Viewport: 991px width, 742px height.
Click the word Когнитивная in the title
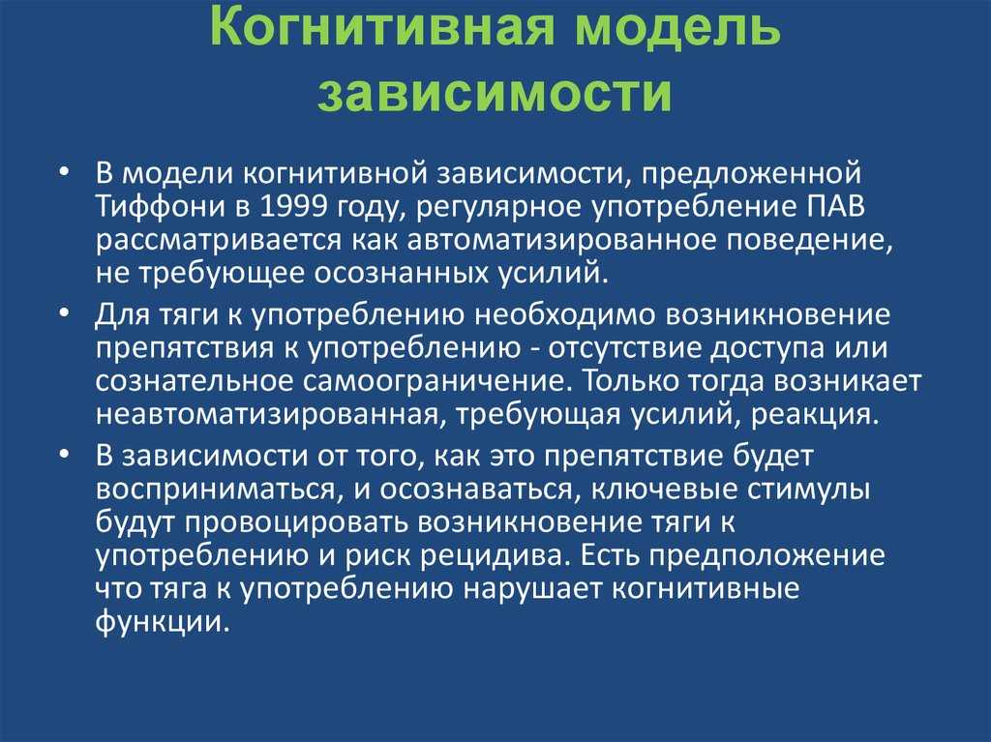tap(381, 27)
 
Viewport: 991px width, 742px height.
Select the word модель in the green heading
tap(677, 28)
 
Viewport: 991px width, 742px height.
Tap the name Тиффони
tap(161, 207)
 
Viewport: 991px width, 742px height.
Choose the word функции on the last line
tap(161, 622)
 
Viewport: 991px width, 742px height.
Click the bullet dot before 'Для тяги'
tap(64, 313)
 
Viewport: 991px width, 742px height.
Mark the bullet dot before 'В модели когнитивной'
tap(64, 172)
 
